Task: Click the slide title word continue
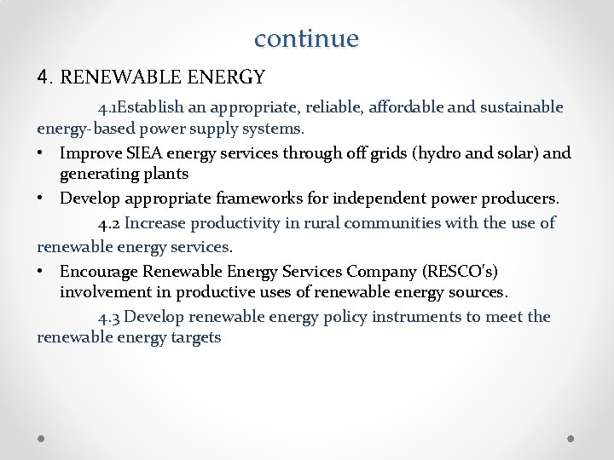click(x=306, y=38)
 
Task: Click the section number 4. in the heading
click(x=46, y=78)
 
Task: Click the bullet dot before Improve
click(x=42, y=154)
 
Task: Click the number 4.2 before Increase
click(x=109, y=224)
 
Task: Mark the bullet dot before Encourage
click(x=42, y=272)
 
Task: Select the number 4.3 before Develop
click(x=109, y=318)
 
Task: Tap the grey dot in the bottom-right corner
click(x=571, y=438)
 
